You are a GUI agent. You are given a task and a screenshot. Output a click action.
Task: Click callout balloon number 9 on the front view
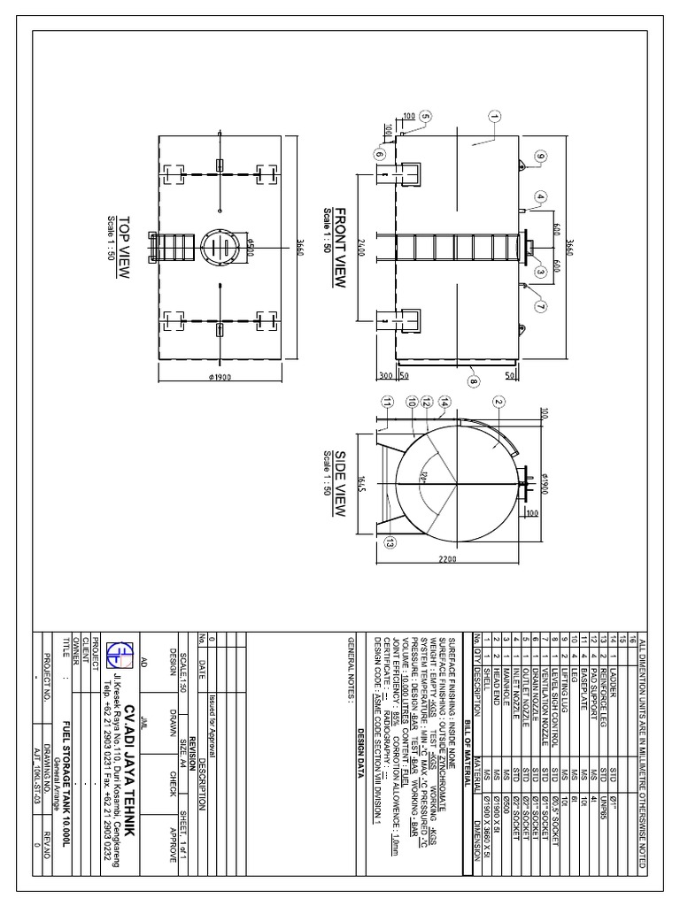click(x=539, y=157)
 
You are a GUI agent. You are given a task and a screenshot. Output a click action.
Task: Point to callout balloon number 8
click(x=473, y=383)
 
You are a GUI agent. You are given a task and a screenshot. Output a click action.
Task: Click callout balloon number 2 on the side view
click(x=498, y=402)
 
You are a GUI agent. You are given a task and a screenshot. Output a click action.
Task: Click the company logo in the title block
click(x=116, y=653)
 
